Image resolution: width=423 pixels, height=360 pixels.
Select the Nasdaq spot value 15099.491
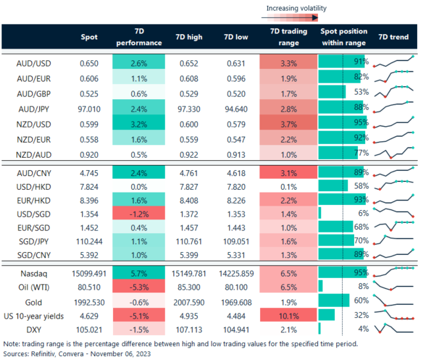82,272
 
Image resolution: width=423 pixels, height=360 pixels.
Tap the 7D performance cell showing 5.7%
137,272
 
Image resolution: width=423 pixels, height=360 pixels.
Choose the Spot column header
89,37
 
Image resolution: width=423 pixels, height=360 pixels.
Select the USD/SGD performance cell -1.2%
137,214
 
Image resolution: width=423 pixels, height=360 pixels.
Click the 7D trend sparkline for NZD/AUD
394,154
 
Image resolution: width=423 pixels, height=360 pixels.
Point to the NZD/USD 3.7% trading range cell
286,122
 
